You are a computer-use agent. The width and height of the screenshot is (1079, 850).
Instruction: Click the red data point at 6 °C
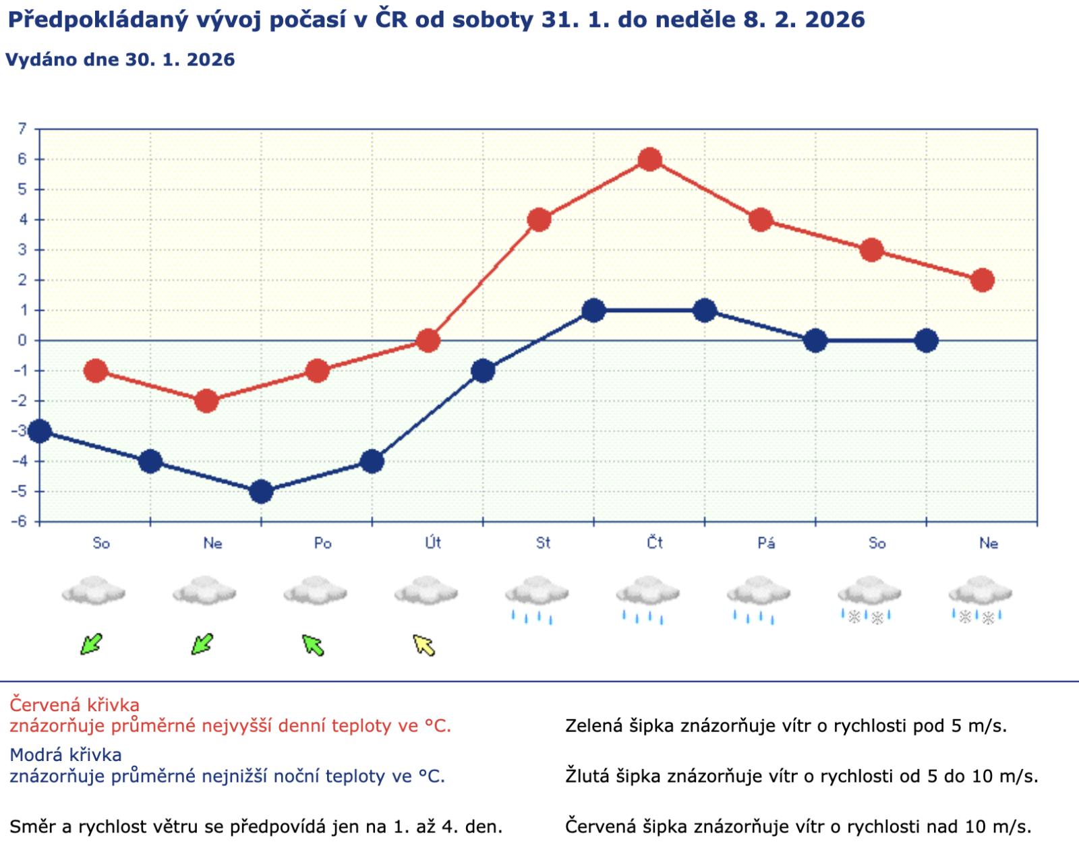[x=649, y=160]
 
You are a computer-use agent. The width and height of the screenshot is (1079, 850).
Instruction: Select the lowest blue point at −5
[x=261, y=491]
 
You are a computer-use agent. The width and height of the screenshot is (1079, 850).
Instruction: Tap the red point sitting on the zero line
[x=428, y=340]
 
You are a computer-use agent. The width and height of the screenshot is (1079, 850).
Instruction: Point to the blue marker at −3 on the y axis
[x=40, y=431]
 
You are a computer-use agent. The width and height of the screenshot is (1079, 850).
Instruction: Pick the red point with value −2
[x=206, y=401]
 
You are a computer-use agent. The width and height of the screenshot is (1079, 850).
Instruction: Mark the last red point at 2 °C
[x=983, y=280]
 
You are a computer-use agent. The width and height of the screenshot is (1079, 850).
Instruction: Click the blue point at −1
[x=483, y=371]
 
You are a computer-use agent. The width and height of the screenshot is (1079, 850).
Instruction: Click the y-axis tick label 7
[x=22, y=129]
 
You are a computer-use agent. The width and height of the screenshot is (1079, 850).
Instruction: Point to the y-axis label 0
[x=22, y=340]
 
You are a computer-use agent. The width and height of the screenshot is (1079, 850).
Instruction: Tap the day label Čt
[x=654, y=543]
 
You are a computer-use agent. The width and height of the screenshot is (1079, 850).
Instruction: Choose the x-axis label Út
[x=433, y=543]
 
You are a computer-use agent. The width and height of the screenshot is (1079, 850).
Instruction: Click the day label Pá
[x=765, y=543]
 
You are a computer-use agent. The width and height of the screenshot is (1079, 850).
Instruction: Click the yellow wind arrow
[x=424, y=645]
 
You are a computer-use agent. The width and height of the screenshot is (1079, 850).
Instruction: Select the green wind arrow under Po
[x=313, y=645]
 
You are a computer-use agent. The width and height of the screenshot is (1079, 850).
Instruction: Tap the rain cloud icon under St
[x=537, y=597]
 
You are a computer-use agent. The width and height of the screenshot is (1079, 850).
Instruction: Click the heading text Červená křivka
[x=74, y=705]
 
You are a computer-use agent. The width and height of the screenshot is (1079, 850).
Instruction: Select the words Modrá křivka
[x=65, y=755]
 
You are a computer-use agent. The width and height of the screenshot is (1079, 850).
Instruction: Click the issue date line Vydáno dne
[x=120, y=60]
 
